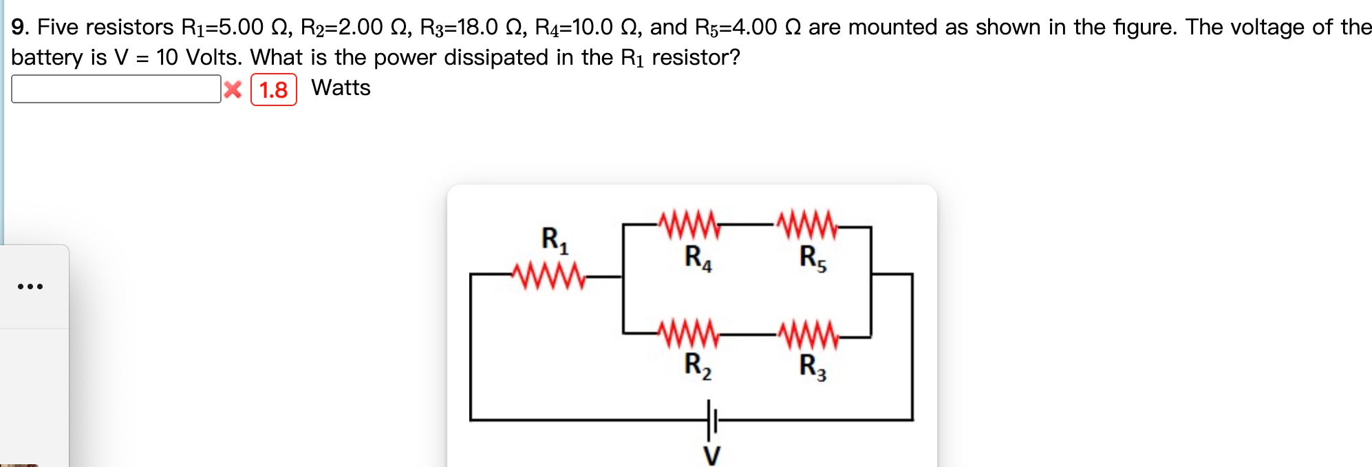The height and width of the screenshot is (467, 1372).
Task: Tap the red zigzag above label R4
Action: (689, 225)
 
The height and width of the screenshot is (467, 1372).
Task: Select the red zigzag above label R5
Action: (807, 225)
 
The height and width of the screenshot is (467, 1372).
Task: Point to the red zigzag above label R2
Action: (689, 335)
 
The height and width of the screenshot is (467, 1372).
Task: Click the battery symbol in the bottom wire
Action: (711, 419)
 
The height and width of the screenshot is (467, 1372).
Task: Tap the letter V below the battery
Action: (711, 455)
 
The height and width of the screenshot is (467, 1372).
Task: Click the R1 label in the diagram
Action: (555, 240)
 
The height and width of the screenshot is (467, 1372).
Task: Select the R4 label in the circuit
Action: (698, 258)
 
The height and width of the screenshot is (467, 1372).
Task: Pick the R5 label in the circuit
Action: (813, 258)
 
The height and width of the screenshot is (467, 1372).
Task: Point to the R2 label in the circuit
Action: (698, 366)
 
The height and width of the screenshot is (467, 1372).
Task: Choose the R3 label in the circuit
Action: (813, 366)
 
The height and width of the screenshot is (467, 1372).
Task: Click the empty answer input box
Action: (116, 89)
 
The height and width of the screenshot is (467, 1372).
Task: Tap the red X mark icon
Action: (233, 90)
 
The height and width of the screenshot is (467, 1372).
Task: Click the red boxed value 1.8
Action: (273, 90)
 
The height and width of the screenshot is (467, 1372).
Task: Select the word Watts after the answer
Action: (341, 88)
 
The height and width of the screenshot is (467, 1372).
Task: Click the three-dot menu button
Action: (30, 286)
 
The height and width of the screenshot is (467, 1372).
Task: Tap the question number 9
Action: (19, 28)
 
